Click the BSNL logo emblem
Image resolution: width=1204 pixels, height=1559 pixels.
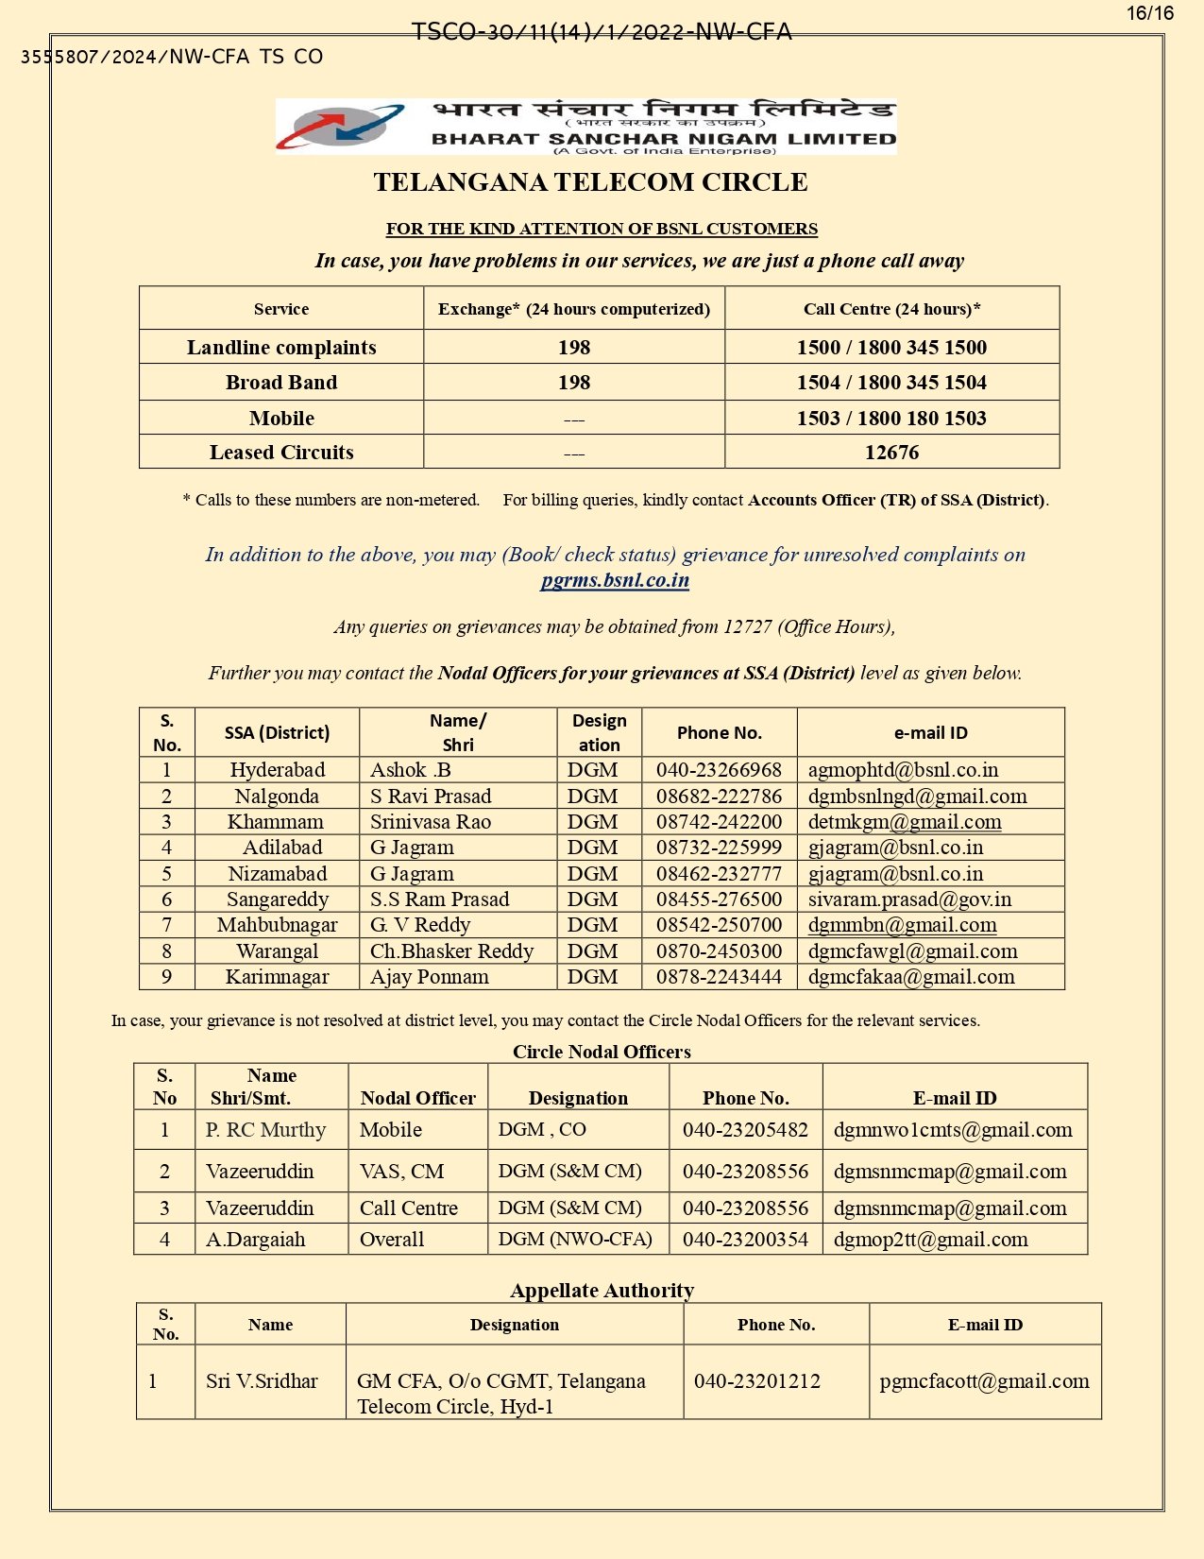(340, 127)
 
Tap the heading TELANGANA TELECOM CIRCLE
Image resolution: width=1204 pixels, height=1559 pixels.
(590, 182)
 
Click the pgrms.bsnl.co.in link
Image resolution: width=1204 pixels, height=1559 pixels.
(615, 580)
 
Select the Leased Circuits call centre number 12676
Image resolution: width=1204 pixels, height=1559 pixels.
(891, 453)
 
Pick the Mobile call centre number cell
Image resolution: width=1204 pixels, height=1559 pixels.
(891, 418)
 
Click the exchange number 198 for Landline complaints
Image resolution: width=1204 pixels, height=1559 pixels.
(574, 348)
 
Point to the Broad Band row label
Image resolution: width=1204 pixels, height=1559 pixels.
(281, 383)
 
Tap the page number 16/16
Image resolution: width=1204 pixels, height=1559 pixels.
(1149, 13)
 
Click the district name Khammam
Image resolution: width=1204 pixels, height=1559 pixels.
(276, 822)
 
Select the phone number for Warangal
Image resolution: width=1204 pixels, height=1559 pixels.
(719, 951)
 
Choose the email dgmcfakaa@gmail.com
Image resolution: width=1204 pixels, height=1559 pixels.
(911, 977)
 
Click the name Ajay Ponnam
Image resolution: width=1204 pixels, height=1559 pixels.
(430, 977)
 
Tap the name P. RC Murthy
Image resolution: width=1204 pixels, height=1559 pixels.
(265, 1130)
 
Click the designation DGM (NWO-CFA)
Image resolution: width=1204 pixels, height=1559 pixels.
(575, 1239)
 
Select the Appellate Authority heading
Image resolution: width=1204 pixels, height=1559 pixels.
(602, 1291)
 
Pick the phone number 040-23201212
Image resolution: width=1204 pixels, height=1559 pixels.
(757, 1381)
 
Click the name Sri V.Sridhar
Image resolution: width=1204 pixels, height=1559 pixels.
(262, 1381)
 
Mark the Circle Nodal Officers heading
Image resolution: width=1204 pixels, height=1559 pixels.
(602, 1052)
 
